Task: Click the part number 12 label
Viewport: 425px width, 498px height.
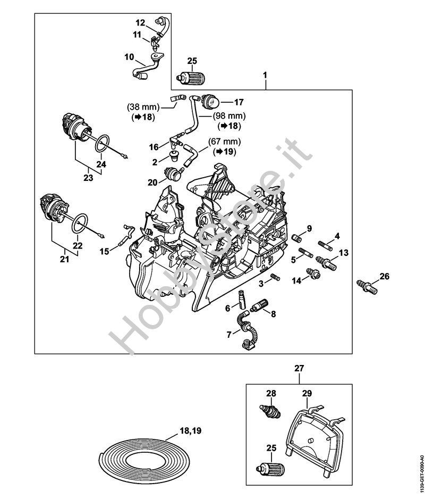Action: pos(140,23)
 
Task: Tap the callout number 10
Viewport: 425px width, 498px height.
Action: pos(129,56)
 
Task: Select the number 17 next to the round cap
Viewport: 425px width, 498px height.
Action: pos(239,101)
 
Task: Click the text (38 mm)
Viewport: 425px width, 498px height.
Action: pos(140,106)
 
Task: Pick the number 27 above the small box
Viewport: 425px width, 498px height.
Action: pos(300,367)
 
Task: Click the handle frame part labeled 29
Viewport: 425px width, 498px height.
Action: pos(313,431)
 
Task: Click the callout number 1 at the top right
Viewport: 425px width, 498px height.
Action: pos(265,76)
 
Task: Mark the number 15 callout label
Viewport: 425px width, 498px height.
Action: pos(105,250)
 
